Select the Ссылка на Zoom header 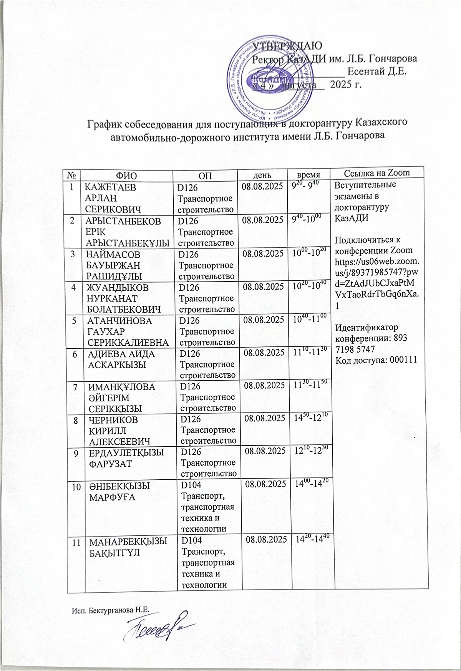point(377,173)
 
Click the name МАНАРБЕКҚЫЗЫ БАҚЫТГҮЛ point(128,547)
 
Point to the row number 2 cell point(71,220)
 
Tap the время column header point(310,174)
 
